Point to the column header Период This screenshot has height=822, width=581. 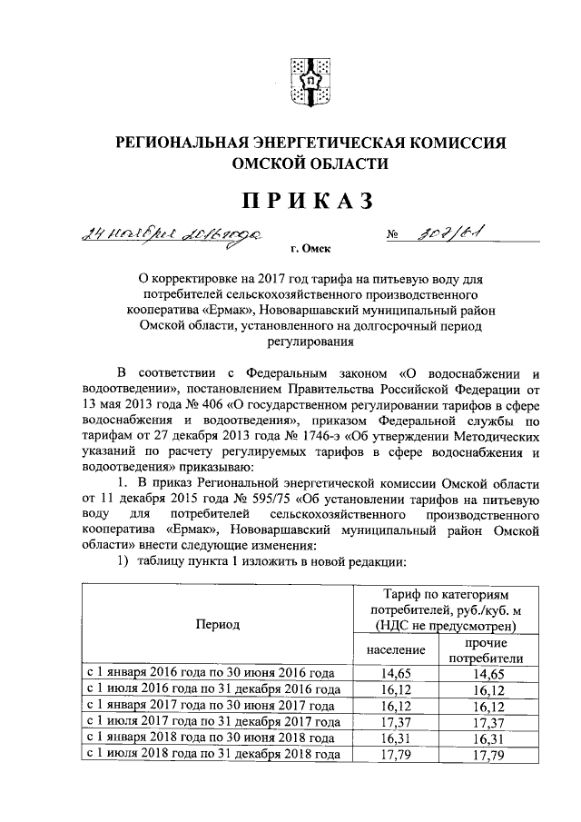(x=216, y=625)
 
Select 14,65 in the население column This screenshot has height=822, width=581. (x=396, y=674)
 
